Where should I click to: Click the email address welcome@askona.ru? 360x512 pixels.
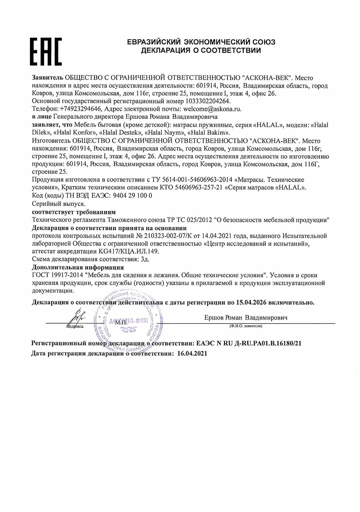(212, 108)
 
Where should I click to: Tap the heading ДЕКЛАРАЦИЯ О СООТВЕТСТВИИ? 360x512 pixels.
(201, 50)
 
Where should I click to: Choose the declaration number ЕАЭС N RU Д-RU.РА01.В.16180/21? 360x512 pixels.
(247, 343)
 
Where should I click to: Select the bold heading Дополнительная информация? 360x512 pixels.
(78, 267)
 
